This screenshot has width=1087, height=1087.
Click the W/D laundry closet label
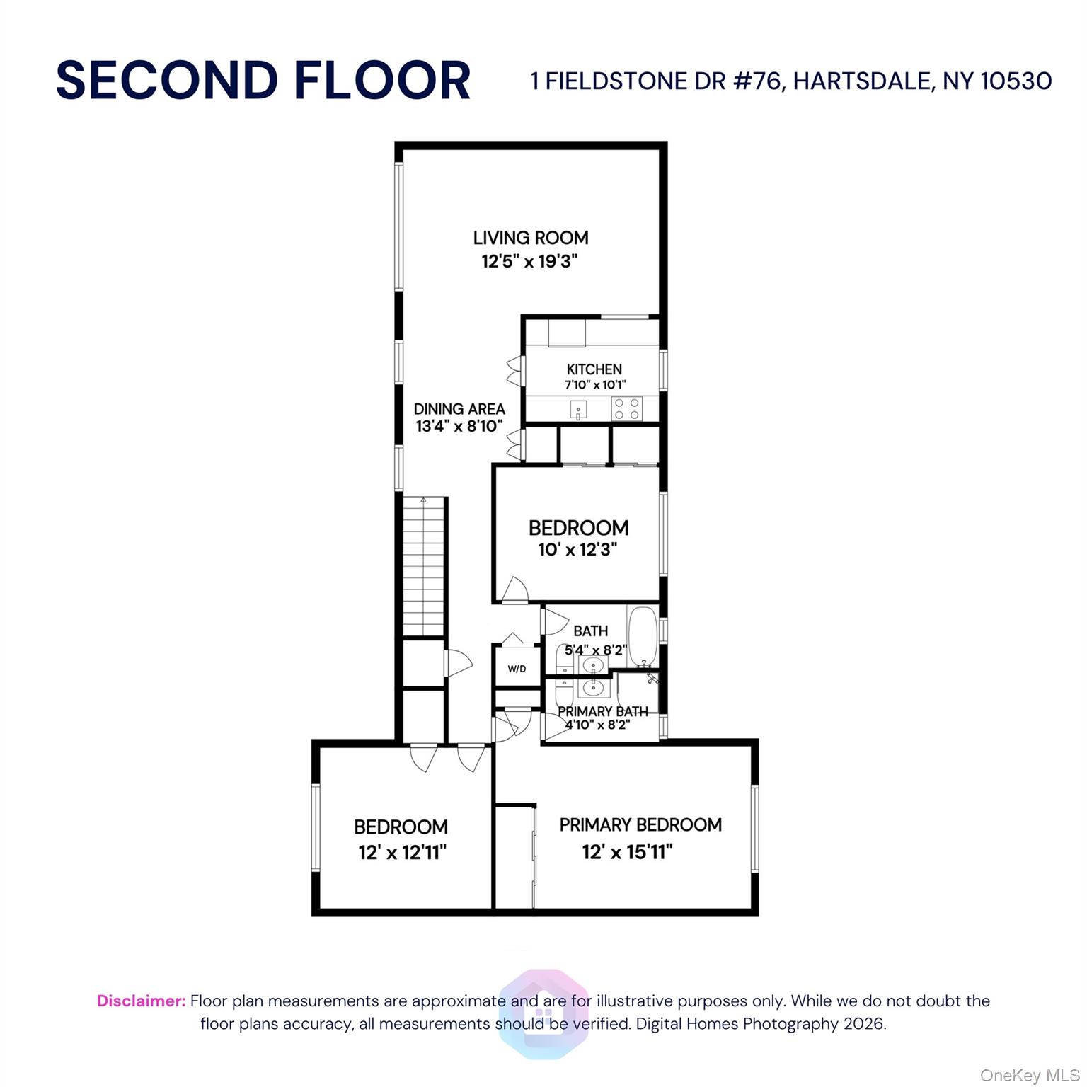tap(517, 669)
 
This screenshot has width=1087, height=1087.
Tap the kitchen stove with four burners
tap(627, 408)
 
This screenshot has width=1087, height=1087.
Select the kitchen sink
tap(578, 410)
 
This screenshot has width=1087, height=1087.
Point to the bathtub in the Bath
tap(643, 636)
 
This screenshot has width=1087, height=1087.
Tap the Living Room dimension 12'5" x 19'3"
tap(530, 261)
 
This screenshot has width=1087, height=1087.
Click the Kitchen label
tap(594, 369)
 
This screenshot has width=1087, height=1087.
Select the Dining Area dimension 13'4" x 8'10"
tap(459, 426)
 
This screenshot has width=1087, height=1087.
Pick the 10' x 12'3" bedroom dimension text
tap(578, 550)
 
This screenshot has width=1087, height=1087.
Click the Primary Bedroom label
tap(640, 825)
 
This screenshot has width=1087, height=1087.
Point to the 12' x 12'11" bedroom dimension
tap(403, 852)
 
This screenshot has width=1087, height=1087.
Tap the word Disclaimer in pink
tap(142, 1001)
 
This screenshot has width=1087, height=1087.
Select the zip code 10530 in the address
tap(1016, 81)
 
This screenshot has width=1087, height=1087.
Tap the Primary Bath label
tap(603, 711)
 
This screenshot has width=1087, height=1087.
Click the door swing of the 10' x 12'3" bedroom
tap(514, 590)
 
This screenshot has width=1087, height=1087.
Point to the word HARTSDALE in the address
tap(861, 81)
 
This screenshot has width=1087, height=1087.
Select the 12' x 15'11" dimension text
tap(627, 852)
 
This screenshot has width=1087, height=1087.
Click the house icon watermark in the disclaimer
tap(543, 1013)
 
